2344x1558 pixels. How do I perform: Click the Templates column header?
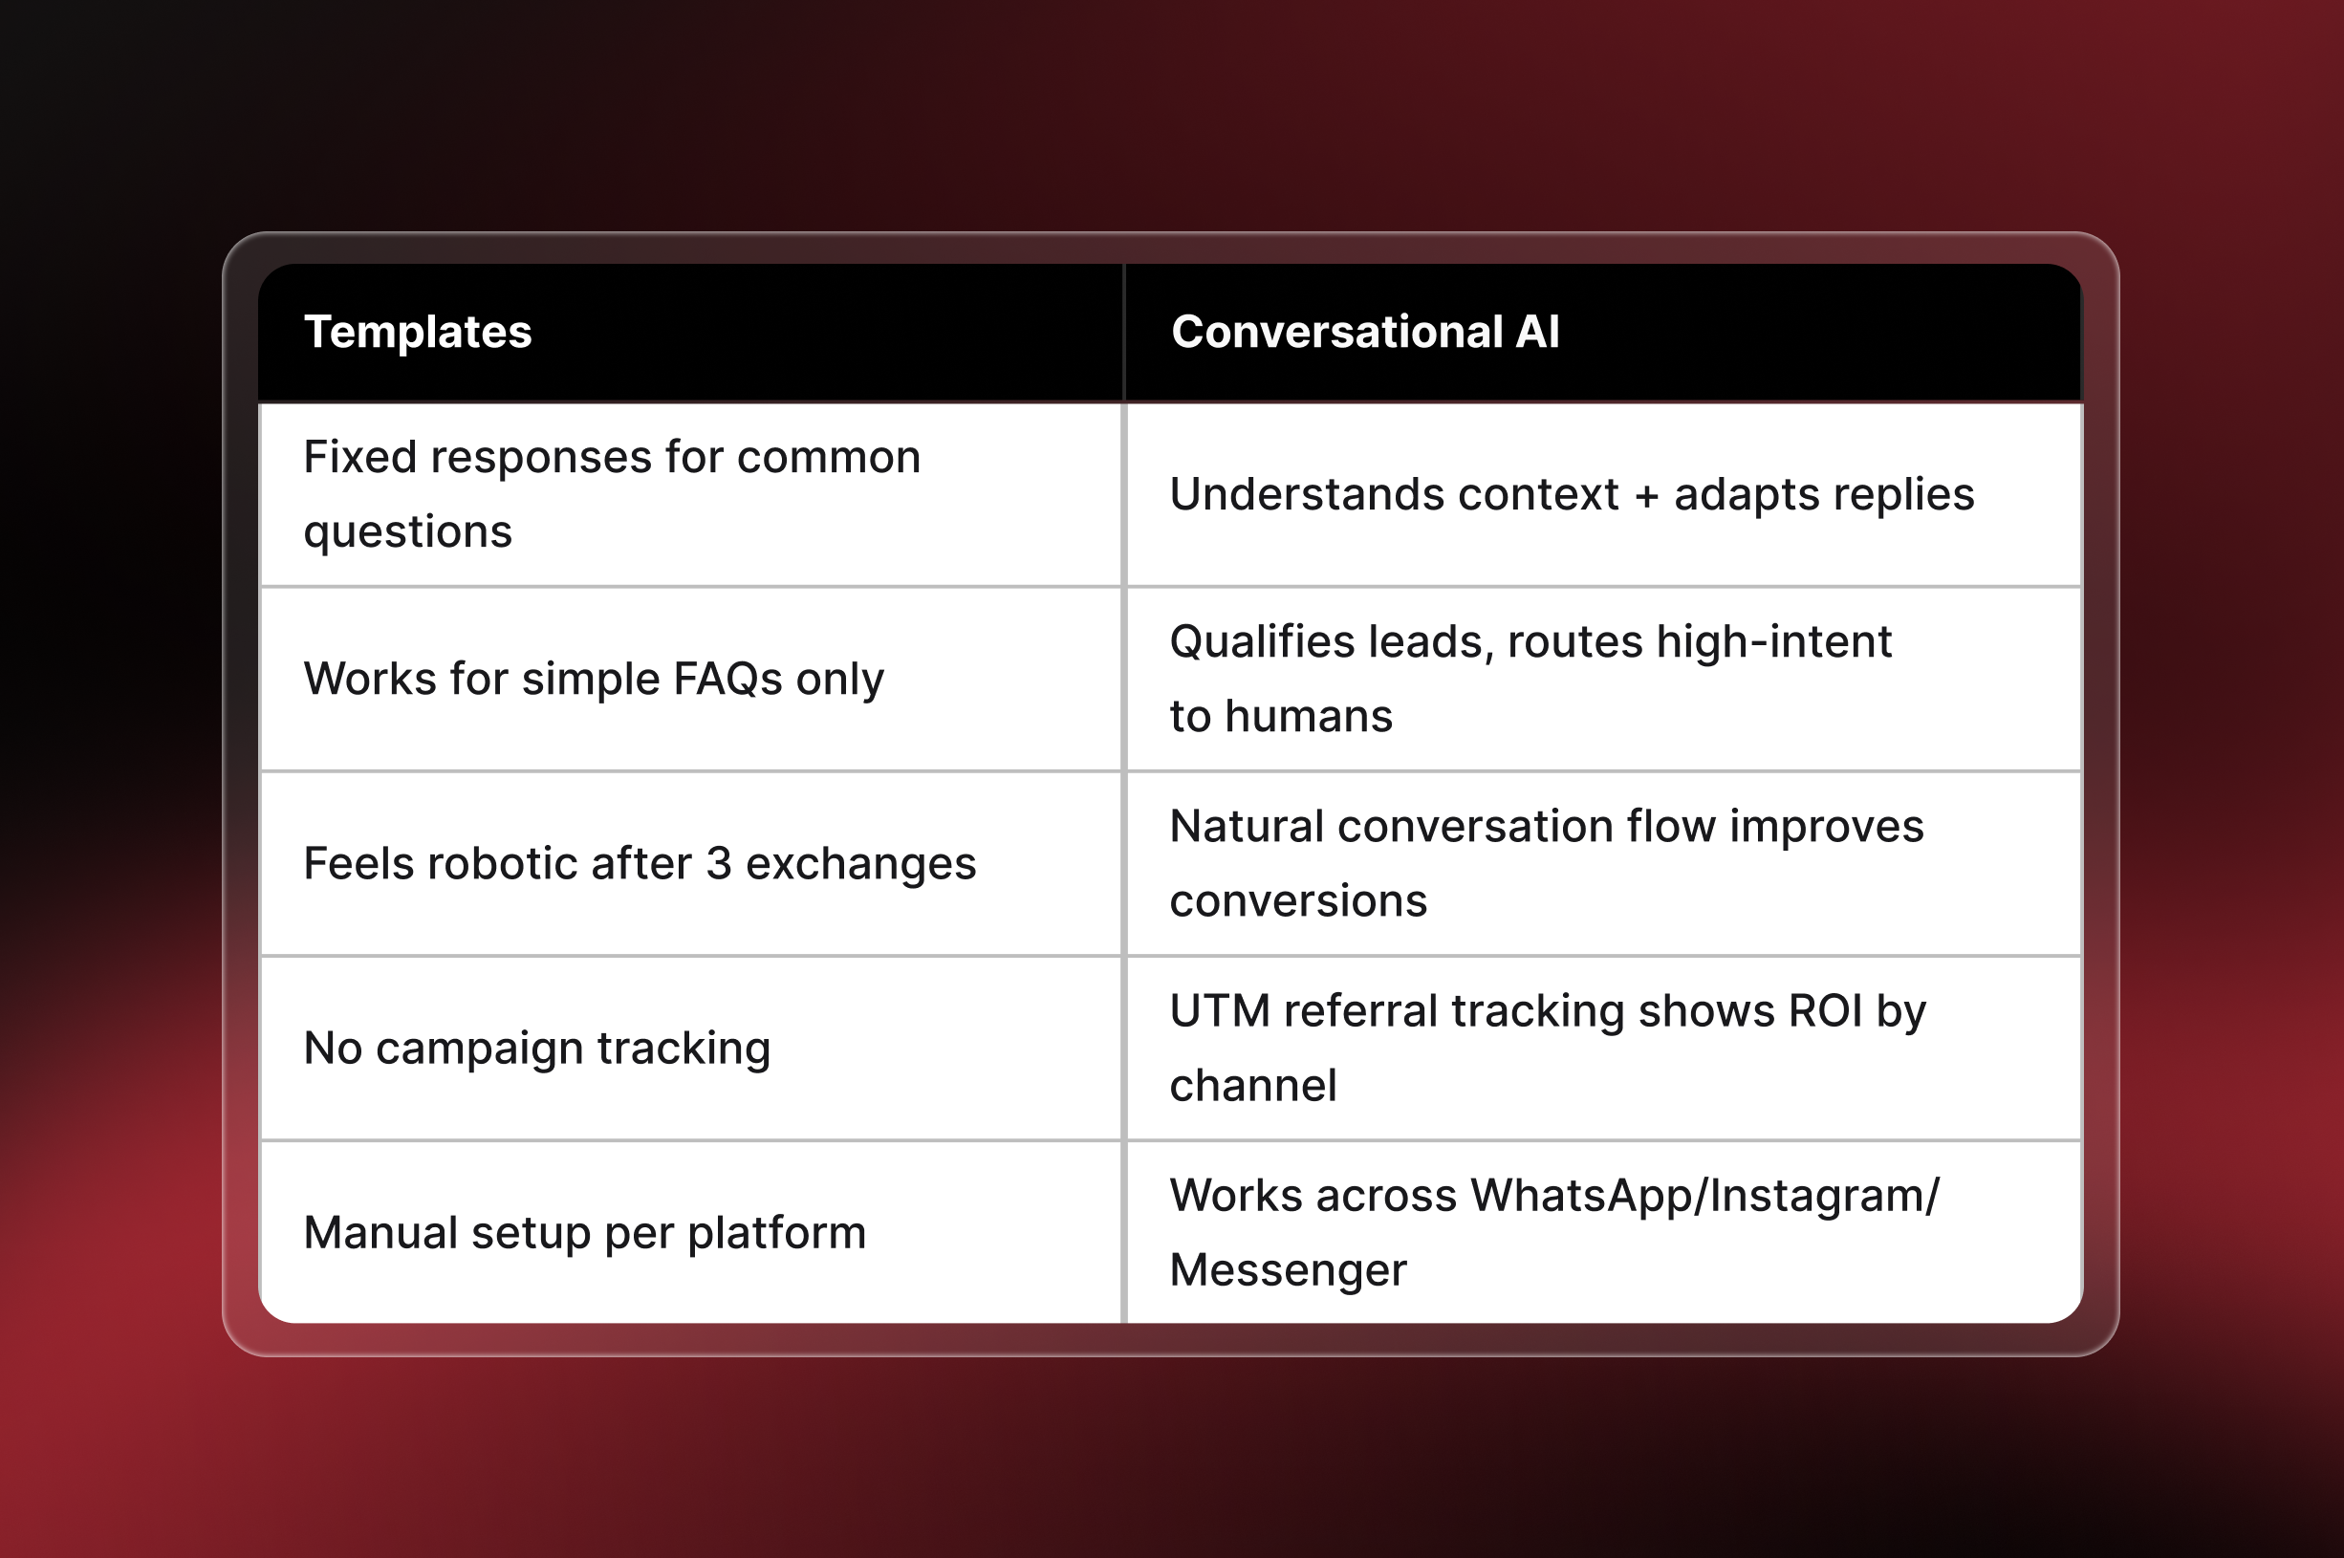pyautogui.click(x=418, y=332)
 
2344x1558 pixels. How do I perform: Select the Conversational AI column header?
pyautogui.click(x=1364, y=332)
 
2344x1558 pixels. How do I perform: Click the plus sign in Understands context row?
pyautogui.click(x=1646, y=496)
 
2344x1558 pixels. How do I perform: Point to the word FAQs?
pyautogui.click(x=727, y=680)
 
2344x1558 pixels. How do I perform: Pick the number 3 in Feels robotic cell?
pyautogui.click(x=719, y=863)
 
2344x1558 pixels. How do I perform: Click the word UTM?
pyautogui.click(x=1219, y=1011)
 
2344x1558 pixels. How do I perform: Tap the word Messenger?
pyautogui.click(x=1288, y=1271)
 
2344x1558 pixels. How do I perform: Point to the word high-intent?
pyautogui.click(x=1772, y=643)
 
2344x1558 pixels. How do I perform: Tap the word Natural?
pyautogui.click(x=1246, y=827)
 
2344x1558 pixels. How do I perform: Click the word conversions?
pyautogui.click(x=1297, y=901)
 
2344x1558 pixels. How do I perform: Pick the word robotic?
pyautogui.click(x=502, y=863)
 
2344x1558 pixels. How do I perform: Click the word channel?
pyautogui.click(x=1253, y=1086)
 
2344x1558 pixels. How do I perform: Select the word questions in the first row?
pyautogui.click(x=407, y=532)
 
